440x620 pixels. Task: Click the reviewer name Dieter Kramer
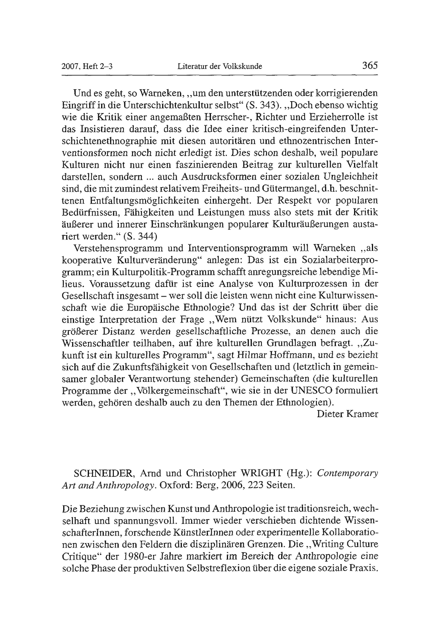[x=347, y=414]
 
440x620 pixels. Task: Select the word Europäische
[x=155, y=308]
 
